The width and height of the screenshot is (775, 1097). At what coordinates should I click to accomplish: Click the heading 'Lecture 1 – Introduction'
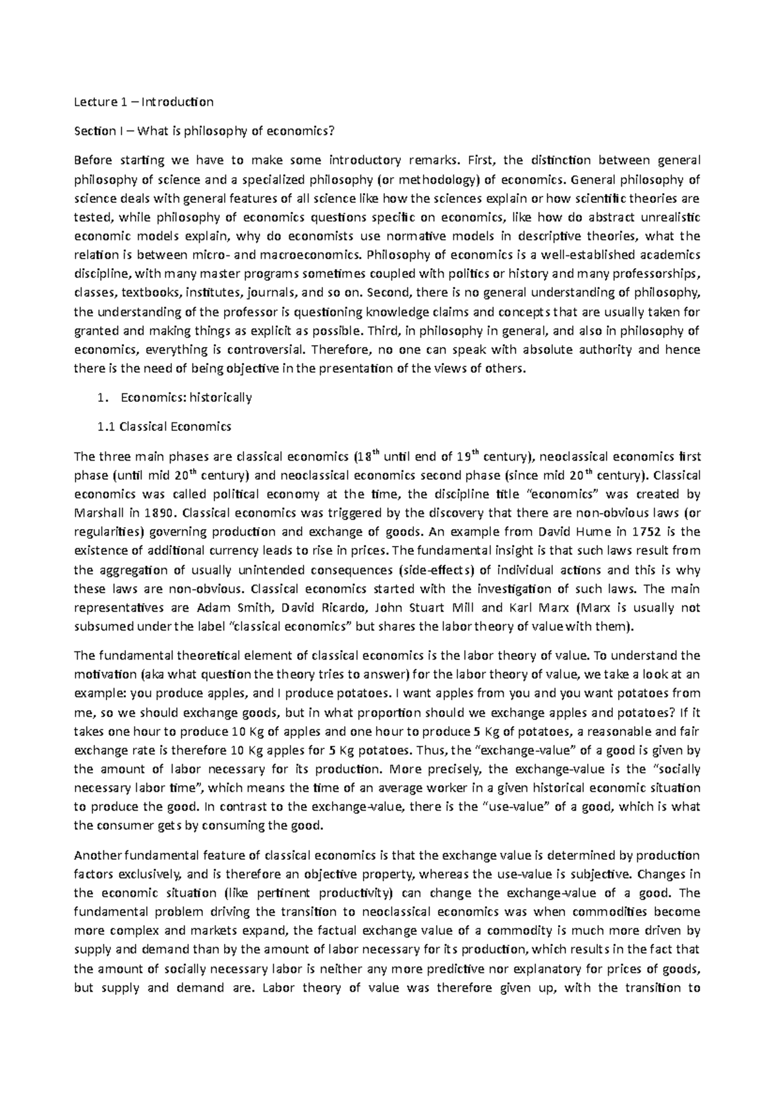pyautogui.click(x=143, y=102)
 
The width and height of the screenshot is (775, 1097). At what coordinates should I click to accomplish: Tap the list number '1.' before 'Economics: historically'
pyautogui.click(x=101, y=398)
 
